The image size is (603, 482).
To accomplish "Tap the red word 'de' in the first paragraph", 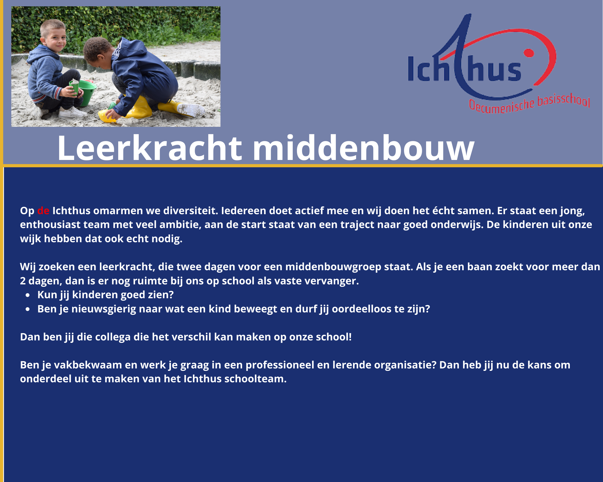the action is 43,211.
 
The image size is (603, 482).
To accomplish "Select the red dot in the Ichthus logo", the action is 529,53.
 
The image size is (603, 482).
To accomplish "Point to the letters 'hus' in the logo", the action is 494,71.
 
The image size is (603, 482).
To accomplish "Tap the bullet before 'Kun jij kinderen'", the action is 28,295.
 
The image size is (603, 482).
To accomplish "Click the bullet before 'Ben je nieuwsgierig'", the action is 28,309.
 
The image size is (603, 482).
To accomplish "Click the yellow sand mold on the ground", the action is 107,116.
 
